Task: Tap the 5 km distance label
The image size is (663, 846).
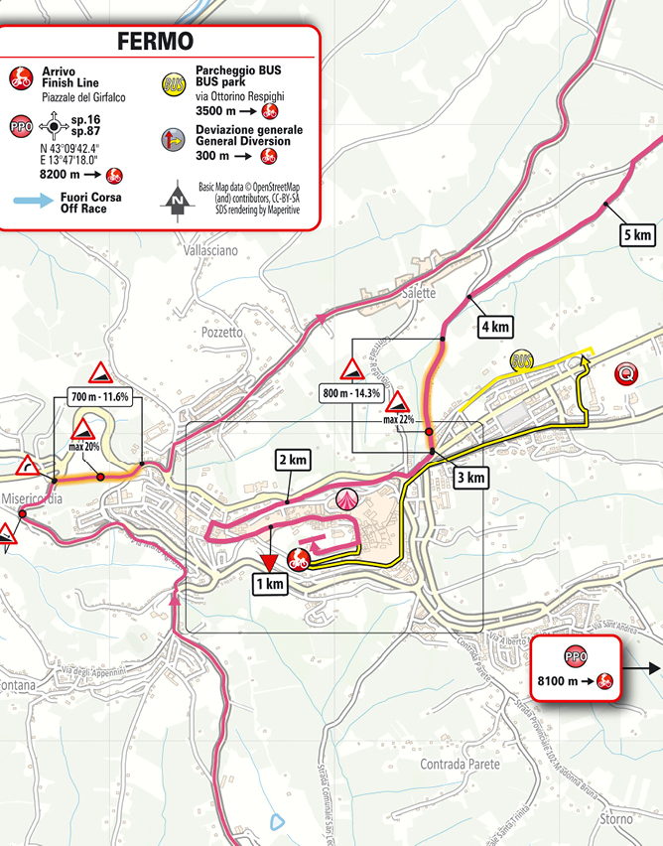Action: pos(636,235)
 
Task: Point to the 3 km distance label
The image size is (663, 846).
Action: pos(469,478)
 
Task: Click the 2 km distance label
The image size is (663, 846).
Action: pos(293,461)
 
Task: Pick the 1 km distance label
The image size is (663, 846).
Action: pos(269,585)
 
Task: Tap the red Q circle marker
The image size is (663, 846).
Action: pos(625,374)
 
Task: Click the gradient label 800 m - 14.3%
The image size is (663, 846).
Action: pos(352,391)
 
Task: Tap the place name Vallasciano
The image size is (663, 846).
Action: pos(210,251)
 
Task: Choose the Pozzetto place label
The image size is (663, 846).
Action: pos(221,333)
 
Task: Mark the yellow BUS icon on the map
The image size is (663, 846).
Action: pos(524,360)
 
